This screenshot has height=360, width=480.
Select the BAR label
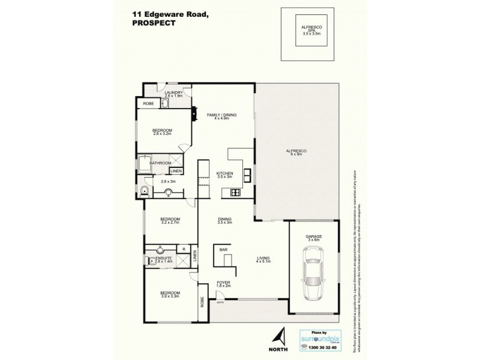coord(223,249)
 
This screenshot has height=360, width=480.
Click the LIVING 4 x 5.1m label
coord(263,260)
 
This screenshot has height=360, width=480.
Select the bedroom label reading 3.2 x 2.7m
coord(170,220)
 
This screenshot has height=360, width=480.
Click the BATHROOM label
coord(161,163)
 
